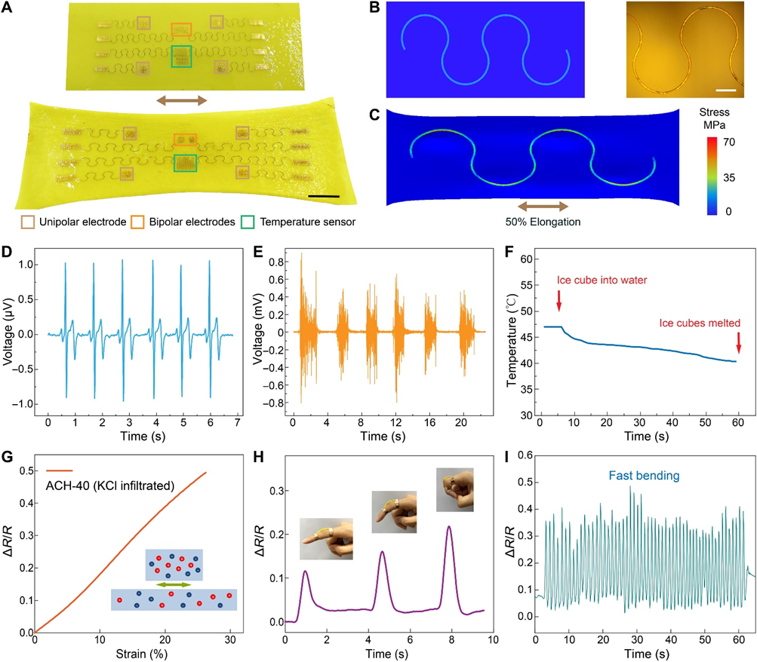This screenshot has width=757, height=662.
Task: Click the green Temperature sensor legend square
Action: [247, 222]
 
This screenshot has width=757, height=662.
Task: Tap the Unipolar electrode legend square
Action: [27, 222]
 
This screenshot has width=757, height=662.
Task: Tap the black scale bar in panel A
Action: [324, 197]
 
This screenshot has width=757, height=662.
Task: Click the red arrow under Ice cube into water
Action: [559, 303]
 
